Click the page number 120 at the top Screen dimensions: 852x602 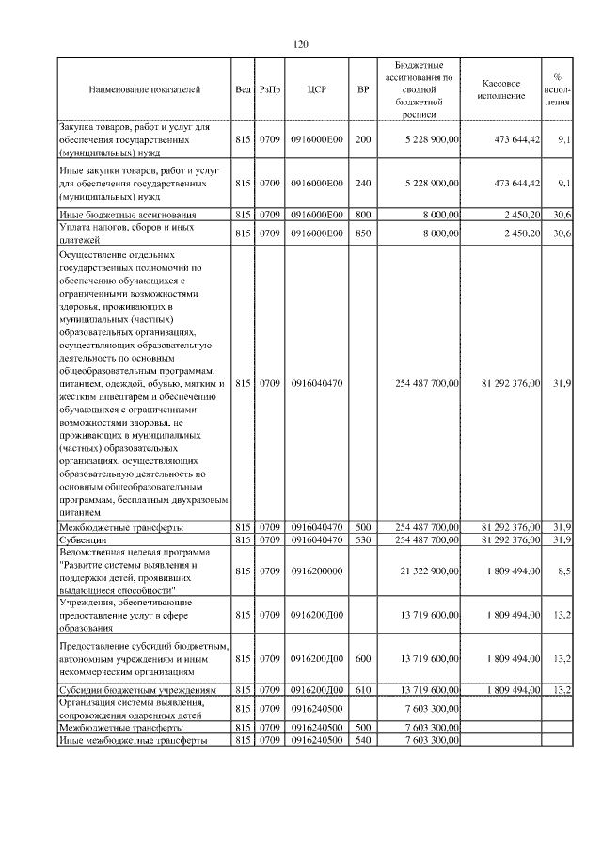click(x=301, y=44)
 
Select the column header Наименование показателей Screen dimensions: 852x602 click(x=145, y=90)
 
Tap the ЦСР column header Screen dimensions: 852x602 click(x=316, y=90)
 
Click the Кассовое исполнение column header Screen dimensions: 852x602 click(x=509, y=90)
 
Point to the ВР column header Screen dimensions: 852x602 click(x=363, y=90)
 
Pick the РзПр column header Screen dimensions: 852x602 click(x=270, y=90)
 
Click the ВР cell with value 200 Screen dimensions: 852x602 click(x=363, y=139)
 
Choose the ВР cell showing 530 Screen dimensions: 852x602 click(x=363, y=540)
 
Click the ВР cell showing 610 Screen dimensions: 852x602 click(x=363, y=690)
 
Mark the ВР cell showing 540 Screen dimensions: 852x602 click(x=363, y=740)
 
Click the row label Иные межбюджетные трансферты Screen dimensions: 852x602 click(x=133, y=740)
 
